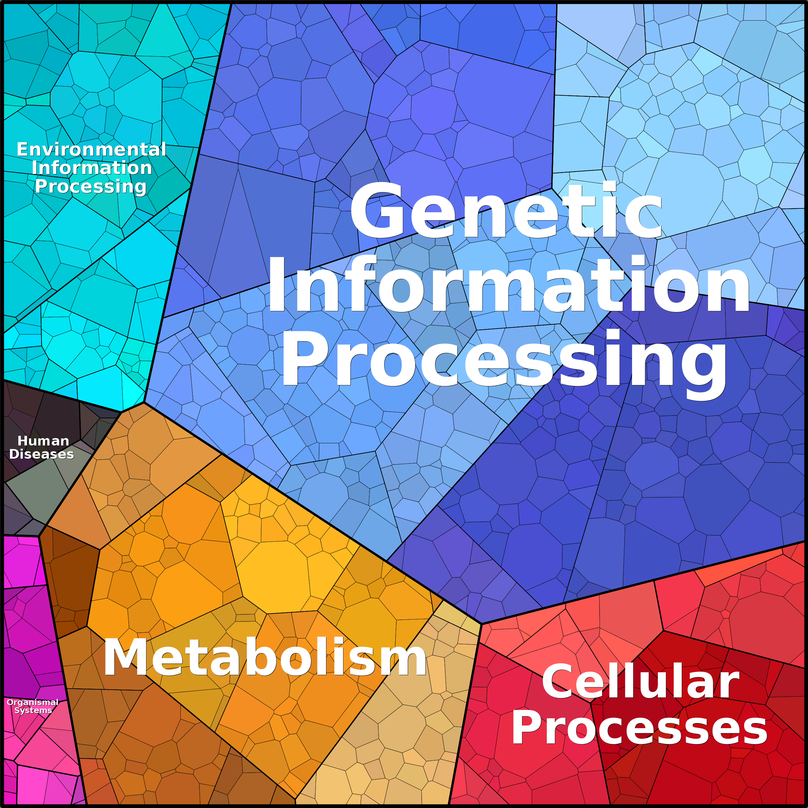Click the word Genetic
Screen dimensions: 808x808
(x=506, y=211)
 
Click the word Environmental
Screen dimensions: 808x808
(x=91, y=149)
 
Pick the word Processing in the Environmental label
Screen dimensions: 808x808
(x=91, y=186)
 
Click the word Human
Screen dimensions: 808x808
(x=43, y=441)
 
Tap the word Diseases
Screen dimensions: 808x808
(x=41, y=454)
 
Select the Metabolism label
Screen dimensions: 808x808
(x=265, y=657)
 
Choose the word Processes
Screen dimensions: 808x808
(x=639, y=729)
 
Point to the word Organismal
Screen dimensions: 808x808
(x=32, y=702)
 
